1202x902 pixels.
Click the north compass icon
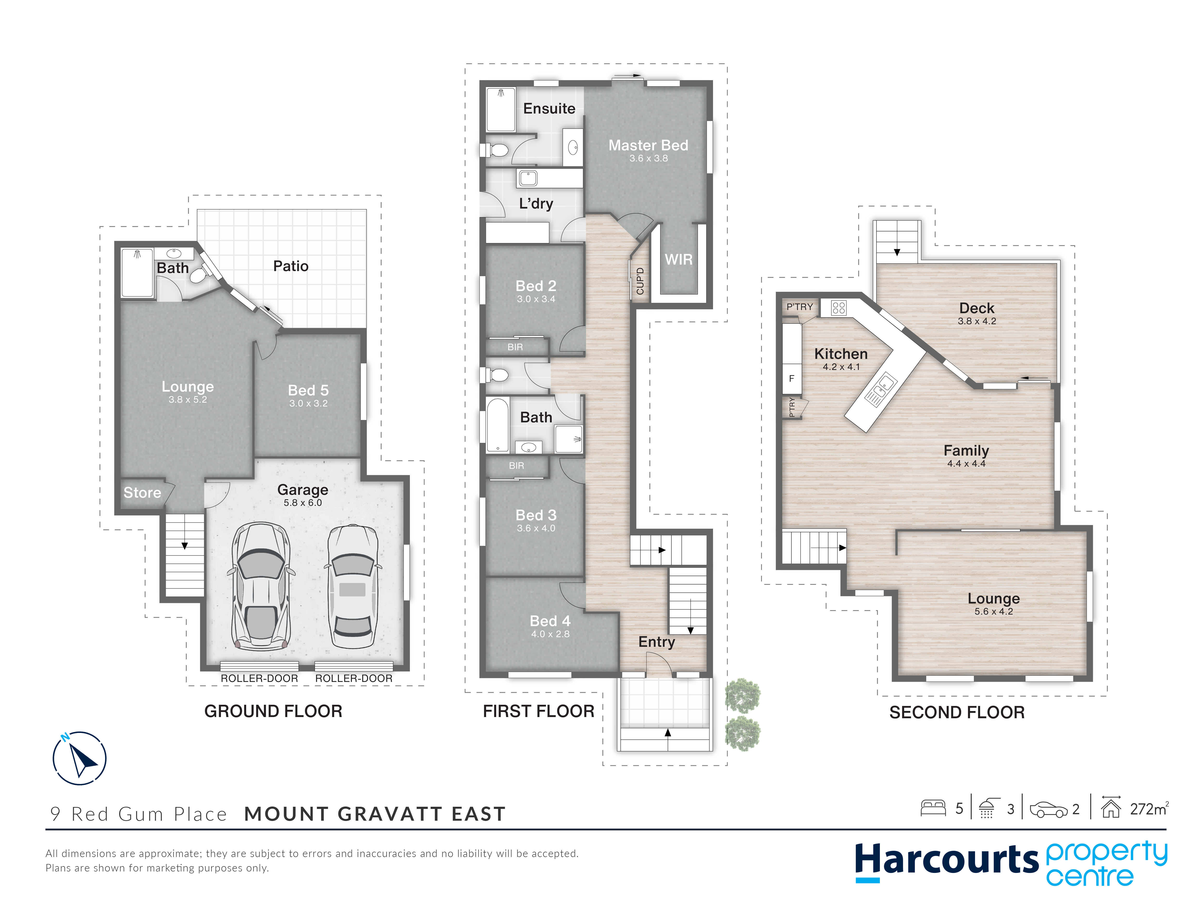coord(79,758)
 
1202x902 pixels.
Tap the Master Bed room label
coord(648,145)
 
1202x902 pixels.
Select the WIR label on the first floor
coord(679,259)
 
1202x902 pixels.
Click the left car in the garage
coord(261,586)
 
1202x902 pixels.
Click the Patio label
coord(291,266)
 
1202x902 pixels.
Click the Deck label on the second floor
coord(977,308)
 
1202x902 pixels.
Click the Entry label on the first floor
coord(657,642)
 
